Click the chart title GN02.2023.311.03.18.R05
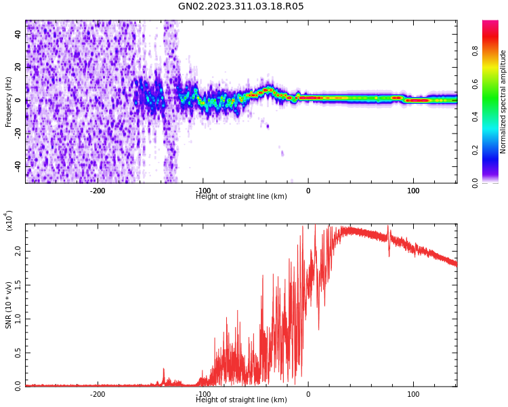(241, 7)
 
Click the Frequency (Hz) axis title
(9, 102)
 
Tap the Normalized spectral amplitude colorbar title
(503, 102)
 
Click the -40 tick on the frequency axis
(17, 166)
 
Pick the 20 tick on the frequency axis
(18, 67)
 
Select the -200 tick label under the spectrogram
(98, 191)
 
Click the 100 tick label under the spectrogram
(413, 191)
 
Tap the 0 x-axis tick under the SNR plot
(308, 394)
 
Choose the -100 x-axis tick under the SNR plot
(203, 394)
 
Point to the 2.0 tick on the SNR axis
(18, 251)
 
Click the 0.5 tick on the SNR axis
(18, 352)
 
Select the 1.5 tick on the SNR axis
(18, 285)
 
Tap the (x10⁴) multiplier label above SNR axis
(9, 220)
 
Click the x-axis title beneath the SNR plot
(241, 400)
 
